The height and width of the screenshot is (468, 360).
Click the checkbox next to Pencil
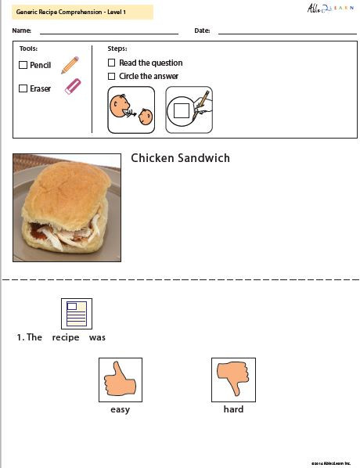(x=23, y=65)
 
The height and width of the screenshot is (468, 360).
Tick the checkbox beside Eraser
(x=23, y=88)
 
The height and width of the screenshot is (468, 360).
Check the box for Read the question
(x=112, y=63)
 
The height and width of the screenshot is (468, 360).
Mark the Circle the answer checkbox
(x=112, y=76)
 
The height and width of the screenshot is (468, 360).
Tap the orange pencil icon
(x=70, y=64)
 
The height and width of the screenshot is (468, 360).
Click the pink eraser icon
(x=72, y=86)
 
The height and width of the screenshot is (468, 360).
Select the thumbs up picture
(x=121, y=380)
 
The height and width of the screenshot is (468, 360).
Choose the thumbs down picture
(x=233, y=380)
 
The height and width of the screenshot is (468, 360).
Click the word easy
(x=120, y=409)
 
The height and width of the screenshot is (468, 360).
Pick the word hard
(x=233, y=409)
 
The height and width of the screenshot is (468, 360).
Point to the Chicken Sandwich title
(x=180, y=158)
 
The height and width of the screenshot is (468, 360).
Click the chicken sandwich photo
(x=67, y=207)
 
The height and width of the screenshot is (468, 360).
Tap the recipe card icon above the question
(x=77, y=314)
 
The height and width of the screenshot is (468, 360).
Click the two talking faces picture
(x=131, y=109)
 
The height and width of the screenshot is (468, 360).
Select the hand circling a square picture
(x=189, y=109)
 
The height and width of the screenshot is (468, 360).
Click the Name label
(x=22, y=31)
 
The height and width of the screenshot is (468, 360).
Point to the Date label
(x=202, y=31)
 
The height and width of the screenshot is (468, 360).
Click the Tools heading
(x=28, y=49)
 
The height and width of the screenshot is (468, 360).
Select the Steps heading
(x=117, y=49)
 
